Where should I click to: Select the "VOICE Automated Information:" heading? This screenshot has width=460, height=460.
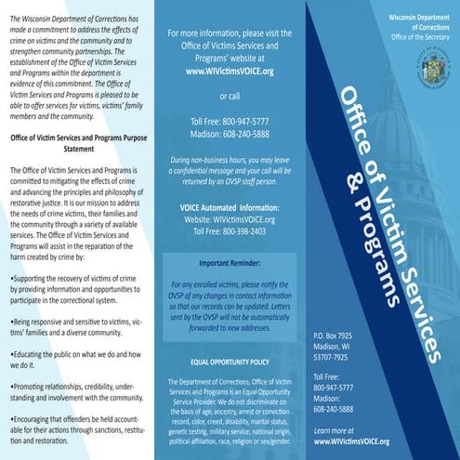pos(229,180)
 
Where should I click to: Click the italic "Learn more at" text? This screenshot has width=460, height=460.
pos(335,431)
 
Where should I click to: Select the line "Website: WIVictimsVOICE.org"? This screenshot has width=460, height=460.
pos(229,192)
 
